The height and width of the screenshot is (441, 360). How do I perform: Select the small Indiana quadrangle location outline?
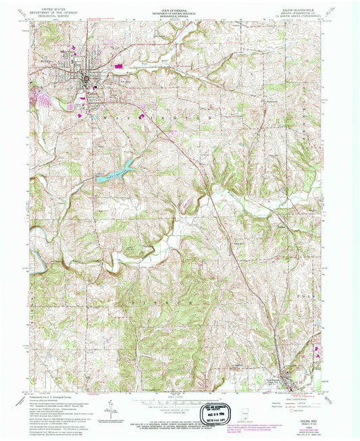(x=245, y=413)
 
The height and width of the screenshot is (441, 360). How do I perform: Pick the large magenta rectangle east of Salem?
(x=122, y=67)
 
